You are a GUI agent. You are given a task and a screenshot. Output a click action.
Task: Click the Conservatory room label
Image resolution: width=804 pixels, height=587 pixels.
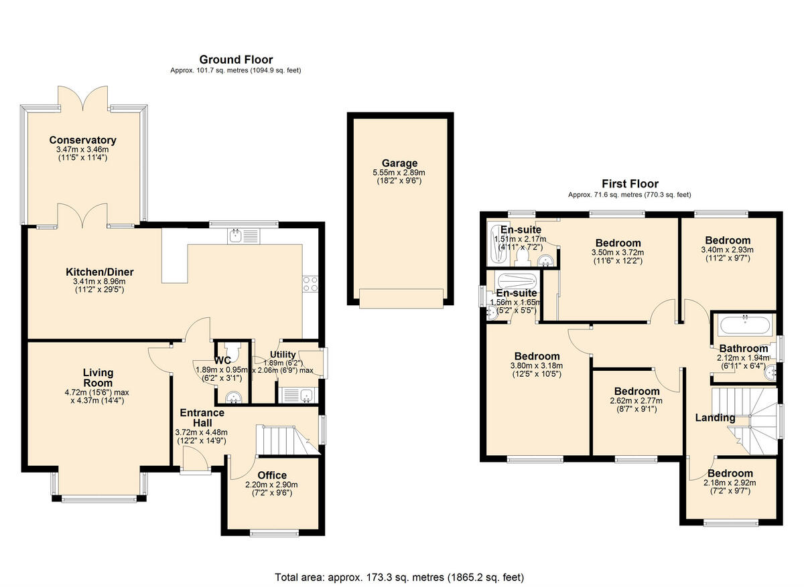click(x=82, y=140)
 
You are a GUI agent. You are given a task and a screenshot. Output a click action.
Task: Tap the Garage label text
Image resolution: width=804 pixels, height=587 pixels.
click(x=399, y=163)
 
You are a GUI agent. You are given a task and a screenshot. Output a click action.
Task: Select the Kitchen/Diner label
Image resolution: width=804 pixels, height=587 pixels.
click(x=99, y=272)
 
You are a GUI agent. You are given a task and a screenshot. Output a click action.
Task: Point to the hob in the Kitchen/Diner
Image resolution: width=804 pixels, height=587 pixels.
click(x=311, y=284)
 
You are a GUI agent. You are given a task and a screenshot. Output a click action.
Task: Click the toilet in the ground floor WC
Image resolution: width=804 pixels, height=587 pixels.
click(x=231, y=349)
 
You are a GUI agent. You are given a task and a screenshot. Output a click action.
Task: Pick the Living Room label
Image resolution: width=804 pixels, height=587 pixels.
click(x=98, y=378)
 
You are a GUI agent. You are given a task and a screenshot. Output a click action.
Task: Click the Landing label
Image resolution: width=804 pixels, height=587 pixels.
click(x=714, y=418)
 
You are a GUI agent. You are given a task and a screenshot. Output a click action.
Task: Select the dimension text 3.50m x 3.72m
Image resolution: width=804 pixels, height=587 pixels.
click(x=617, y=252)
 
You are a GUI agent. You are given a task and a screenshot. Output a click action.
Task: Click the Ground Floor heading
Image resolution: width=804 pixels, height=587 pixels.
click(x=236, y=60)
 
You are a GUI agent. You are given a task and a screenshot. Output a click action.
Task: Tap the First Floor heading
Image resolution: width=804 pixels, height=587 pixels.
click(x=629, y=183)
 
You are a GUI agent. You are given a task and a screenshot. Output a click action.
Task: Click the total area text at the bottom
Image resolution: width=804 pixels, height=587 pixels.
click(x=399, y=576)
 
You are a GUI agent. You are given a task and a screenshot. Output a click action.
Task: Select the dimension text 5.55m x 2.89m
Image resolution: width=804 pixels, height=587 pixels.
click(x=399, y=172)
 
